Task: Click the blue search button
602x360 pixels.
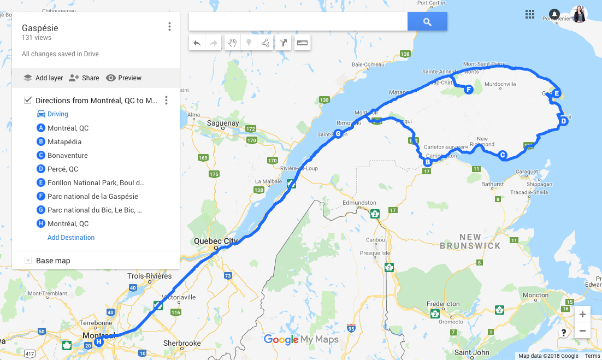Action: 427,22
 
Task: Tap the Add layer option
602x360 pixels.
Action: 43,78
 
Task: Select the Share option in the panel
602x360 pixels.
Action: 84,78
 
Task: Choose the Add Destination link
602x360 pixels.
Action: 71,238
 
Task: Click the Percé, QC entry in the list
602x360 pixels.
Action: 63,169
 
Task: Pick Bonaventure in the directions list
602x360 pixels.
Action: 67,156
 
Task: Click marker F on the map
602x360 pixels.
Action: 468,90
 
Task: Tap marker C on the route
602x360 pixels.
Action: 503,155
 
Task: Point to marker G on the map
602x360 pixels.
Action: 338,134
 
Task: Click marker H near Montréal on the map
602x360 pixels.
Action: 99,342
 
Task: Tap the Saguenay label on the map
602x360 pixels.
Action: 223,123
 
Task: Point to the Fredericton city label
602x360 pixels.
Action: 443,304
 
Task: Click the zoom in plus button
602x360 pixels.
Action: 582,315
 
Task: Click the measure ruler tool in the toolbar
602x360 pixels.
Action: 302,43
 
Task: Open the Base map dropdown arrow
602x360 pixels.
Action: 28,261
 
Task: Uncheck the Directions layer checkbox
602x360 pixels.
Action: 28,101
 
